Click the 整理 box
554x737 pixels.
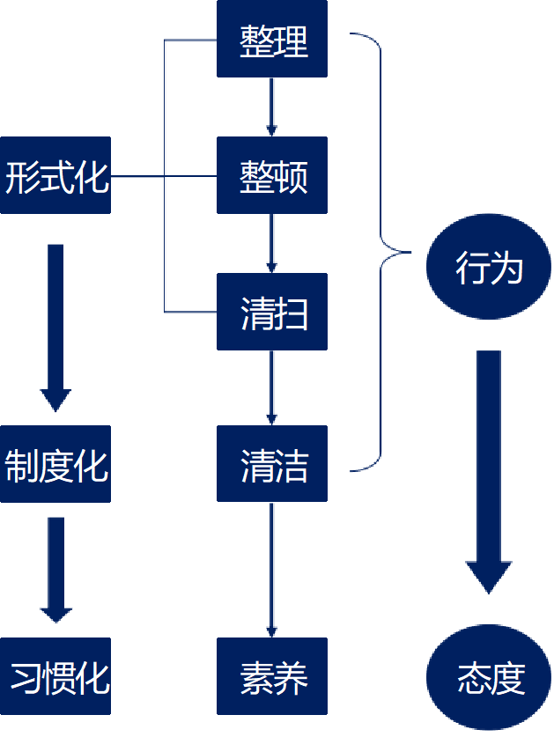(x=272, y=39)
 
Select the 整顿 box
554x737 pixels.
(x=272, y=175)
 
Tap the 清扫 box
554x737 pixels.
(x=272, y=312)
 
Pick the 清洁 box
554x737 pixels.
(x=272, y=464)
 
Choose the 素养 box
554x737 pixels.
(x=272, y=676)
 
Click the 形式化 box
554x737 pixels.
(x=55, y=175)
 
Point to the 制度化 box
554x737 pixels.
(x=55, y=464)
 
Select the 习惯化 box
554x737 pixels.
(x=55, y=676)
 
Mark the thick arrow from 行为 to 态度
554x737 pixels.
(x=489, y=467)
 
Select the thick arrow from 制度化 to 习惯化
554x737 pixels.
(x=55, y=568)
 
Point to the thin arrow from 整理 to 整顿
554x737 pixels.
(x=272, y=106)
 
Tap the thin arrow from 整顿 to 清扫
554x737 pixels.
(x=272, y=243)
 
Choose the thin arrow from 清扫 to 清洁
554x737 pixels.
(x=272, y=387)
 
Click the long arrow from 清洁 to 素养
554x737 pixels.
(x=272, y=568)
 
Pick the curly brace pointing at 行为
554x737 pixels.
(x=381, y=251)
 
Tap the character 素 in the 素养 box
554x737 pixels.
(x=255, y=677)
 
